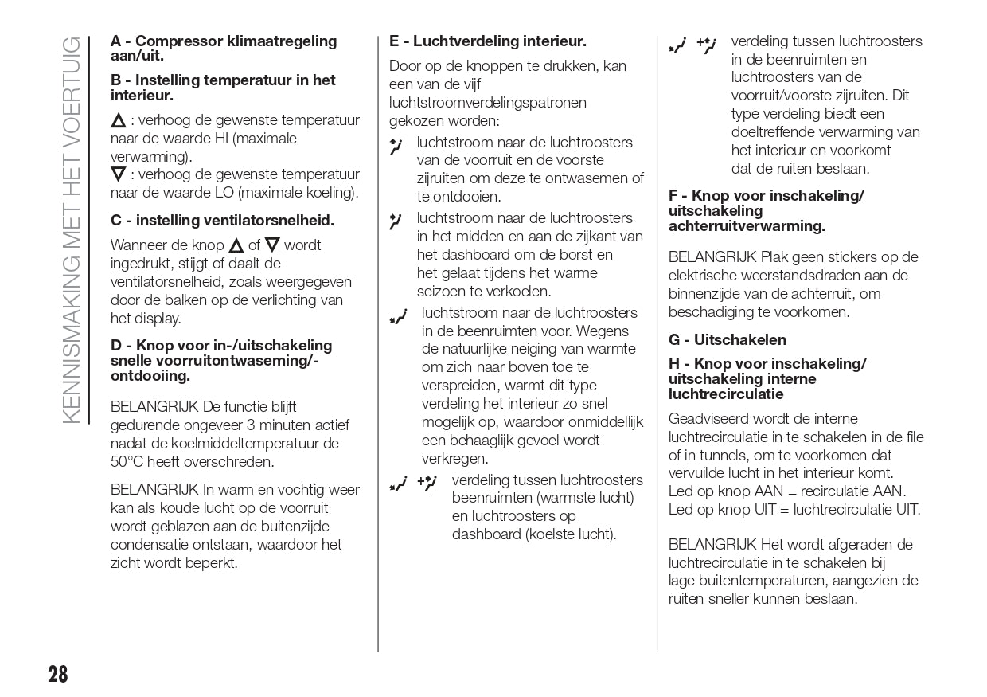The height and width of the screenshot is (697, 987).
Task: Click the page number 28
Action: (57, 674)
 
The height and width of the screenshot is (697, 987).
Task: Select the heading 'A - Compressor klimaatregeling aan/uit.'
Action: (224, 48)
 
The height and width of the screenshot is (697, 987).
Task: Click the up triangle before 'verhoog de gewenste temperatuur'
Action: (118, 121)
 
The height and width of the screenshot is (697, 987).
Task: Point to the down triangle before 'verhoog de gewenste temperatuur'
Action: (118, 174)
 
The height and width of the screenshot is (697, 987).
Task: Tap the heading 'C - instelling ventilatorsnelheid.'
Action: (222, 220)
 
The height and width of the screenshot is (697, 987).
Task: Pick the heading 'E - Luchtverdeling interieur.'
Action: (487, 41)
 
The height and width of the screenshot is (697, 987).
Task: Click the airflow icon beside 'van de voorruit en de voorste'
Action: (396, 147)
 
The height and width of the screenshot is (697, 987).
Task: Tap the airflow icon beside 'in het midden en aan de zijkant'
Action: (396, 221)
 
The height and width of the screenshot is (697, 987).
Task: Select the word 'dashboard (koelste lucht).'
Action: (534, 534)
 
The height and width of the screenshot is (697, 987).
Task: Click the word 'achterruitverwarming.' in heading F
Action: (747, 226)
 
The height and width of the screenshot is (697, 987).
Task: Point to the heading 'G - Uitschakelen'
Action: (727, 340)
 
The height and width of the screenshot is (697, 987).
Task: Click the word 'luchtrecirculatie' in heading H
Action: (726, 394)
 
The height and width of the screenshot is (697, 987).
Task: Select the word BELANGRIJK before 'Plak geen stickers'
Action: (712, 257)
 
